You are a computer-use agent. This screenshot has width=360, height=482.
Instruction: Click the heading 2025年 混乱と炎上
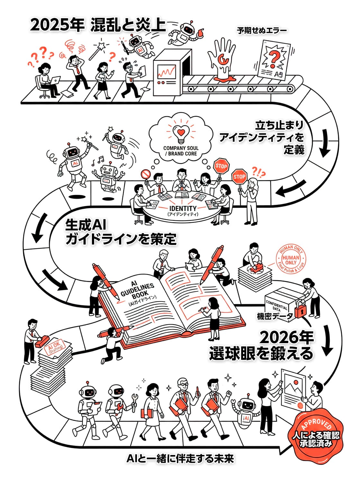point(98,25)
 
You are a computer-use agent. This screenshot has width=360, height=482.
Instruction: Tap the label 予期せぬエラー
point(262,31)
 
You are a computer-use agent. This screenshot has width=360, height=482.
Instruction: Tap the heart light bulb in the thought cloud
point(181,133)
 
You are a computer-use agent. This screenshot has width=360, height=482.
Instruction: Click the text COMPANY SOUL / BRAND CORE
point(181,151)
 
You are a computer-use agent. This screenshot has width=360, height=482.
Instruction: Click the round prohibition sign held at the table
point(146,174)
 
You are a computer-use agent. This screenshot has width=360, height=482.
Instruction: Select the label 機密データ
point(275,316)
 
